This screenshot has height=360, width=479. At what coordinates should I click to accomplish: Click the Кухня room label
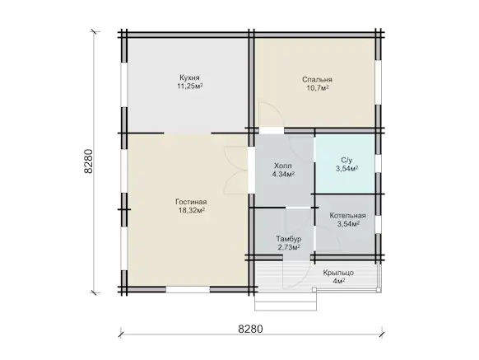click(189, 77)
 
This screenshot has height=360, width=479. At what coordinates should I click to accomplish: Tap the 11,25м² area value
click(190, 86)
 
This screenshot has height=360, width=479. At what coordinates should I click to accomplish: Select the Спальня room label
click(317, 80)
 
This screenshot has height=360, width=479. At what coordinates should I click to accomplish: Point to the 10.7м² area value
click(318, 88)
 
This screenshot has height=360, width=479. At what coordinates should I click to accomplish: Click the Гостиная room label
click(191, 202)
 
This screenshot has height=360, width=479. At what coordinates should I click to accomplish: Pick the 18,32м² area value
click(192, 210)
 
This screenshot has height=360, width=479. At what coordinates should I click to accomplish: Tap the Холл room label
click(283, 166)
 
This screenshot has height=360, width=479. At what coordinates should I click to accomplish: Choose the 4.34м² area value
click(283, 175)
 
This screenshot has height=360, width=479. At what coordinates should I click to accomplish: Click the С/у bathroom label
click(346, 161)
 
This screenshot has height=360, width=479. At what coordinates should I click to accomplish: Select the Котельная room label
click(347, 216)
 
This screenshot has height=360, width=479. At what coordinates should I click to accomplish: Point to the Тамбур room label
click(289, 239)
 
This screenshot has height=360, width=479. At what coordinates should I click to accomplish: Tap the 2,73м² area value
click(289, 247)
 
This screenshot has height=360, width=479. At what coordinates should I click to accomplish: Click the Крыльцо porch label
click(338, 273)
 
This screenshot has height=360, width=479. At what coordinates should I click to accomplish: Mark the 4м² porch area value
click(339, 281)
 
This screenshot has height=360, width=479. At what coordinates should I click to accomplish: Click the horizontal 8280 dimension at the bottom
click(250, 330)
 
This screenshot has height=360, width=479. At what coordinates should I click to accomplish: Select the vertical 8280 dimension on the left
click(88, 161)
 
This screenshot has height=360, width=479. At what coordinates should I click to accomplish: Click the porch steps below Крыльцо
click(286, 302)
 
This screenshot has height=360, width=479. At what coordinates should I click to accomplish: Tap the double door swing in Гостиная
click(236, 170)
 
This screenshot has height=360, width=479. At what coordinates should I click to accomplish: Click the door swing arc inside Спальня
click(272, 115)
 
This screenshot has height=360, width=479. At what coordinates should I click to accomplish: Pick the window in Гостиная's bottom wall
click(188, 289)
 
